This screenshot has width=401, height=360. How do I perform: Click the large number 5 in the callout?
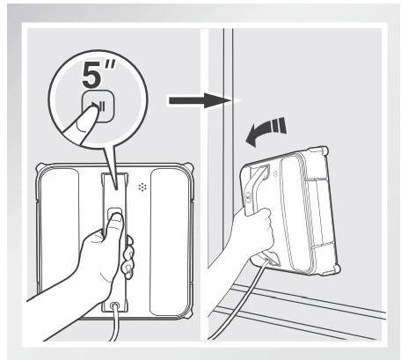point(91,75)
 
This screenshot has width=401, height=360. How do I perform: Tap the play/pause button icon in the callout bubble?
point(98,106)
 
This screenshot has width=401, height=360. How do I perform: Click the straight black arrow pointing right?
point(200,100)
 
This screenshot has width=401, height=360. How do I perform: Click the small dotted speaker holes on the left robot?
point(142,187)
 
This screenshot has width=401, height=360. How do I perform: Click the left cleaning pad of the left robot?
point(60,229)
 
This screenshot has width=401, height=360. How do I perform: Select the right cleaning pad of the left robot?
point(169,241)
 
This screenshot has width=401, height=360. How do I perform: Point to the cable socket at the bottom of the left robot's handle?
point(114,305)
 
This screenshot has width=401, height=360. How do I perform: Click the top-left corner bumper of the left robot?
point(40,168)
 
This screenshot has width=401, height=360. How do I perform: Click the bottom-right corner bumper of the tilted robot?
point(334,269)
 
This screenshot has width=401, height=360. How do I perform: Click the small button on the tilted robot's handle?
point(249,196)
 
